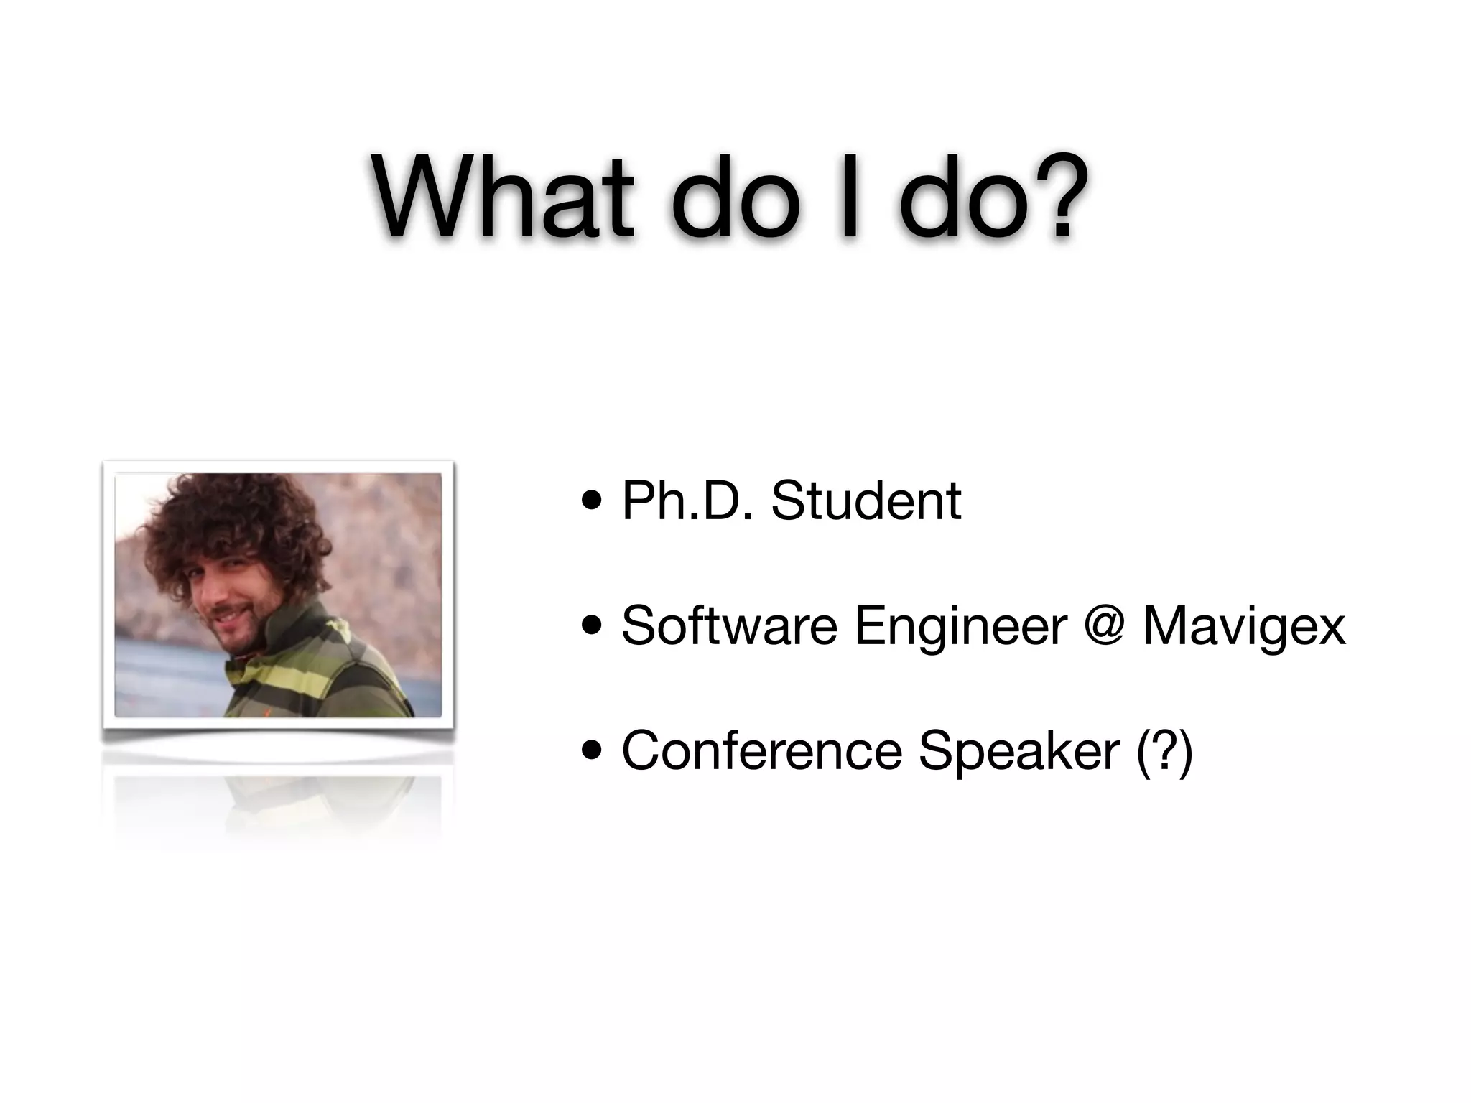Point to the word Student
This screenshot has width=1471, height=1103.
pyautogui.click(x=866, y=501)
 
